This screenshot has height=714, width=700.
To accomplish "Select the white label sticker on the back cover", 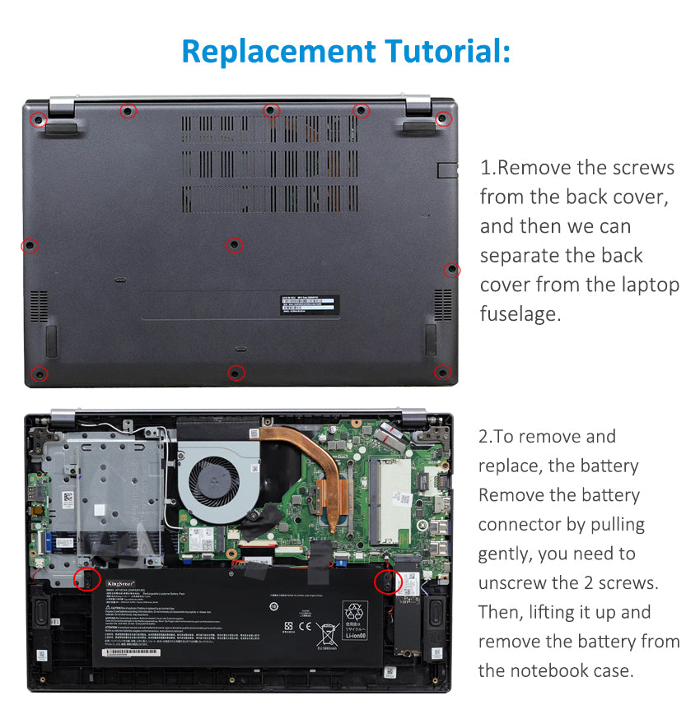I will [306, 304].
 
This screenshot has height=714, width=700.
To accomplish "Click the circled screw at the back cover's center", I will [235, 245].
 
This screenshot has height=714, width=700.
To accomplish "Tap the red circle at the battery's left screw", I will [86, 579].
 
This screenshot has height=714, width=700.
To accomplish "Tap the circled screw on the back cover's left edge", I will [30, 246].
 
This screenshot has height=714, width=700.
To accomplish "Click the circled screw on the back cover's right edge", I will [451, 270].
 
